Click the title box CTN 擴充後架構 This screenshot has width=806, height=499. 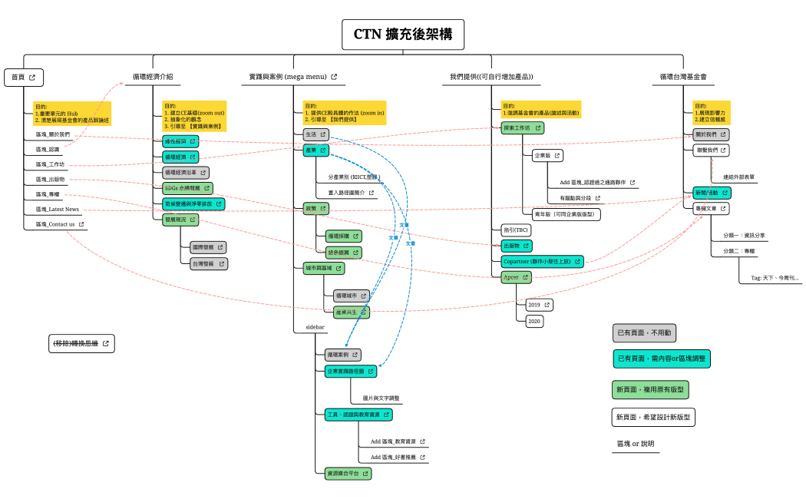pyautogui.click(x=403, y=35)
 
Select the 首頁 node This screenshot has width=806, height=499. pyautogui.click(x=24, y=77)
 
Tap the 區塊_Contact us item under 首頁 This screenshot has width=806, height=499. pyautogui.click(x=60, y=224)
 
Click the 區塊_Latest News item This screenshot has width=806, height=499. pyautogui.click(x=57, y=209)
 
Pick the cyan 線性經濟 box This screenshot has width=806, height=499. pyautogui.click(x=180, y=141)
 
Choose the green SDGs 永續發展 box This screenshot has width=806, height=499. pyautogui.click(x=187, y=188)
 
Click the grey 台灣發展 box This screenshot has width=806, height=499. pyautogui.click(x=209, y=263)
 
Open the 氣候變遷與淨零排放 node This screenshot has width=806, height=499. pyautogui.click(x=193, y=204)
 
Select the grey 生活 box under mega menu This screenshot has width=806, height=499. pyautogui.click(x=315, y=134)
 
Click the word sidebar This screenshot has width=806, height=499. pyautogui.click(x=315, y=327)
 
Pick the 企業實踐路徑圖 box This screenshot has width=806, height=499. pyautogui.click(x=350, y=372)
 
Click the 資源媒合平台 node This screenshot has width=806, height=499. pyautogui.click(x=347, y=474)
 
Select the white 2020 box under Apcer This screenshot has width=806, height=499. pyautogui.click(x=534, y=322)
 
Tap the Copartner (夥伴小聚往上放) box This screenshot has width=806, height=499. pyautogui.click(x=542, y=262)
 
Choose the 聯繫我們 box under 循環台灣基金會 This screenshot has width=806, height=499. pyautogui.click(x=710, y=150)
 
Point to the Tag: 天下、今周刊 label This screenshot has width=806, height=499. pyautogui.click(x=774, y=278)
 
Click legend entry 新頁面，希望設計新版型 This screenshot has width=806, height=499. pyautogui.click(x=653, y=418)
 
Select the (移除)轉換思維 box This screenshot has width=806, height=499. pyautogui.click(x=81, y=343)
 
